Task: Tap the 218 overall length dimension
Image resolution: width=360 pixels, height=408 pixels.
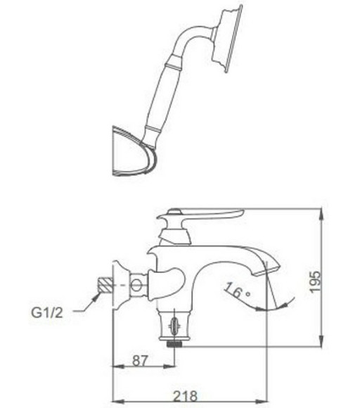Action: pos(186,397)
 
